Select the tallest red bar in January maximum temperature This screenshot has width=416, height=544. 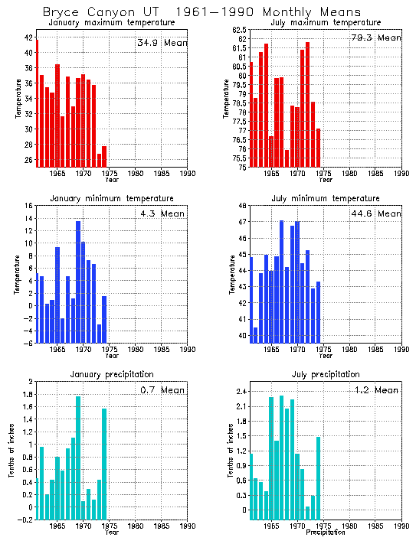37,103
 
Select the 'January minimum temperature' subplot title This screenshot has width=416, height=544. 111,199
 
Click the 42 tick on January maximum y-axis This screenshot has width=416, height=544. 28,37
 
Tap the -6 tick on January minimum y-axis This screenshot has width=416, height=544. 28,343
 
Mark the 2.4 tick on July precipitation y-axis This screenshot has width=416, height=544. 238,391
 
